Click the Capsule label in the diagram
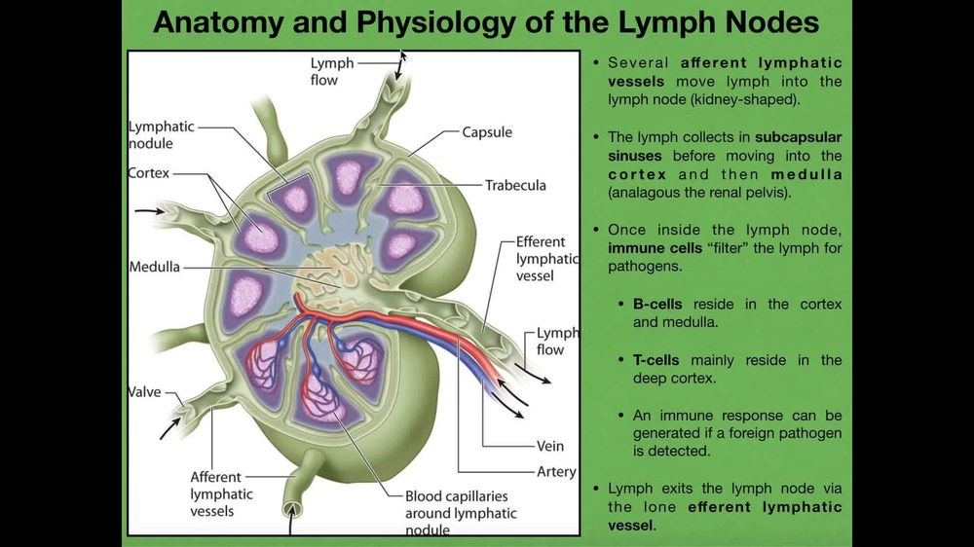tap(487, 131)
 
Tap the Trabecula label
tap(515, 185)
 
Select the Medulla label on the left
tap(154, 267)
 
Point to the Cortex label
tap(149, 173)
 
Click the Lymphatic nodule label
tap(161, 135)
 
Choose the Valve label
tap(144, 392)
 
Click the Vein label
tap(550, 447)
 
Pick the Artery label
tap(556, 472)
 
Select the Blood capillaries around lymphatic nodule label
tap(461, 513)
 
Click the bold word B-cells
tap(657, 304)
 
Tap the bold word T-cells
tap(657, 360)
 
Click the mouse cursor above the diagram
tap(403, 55)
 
